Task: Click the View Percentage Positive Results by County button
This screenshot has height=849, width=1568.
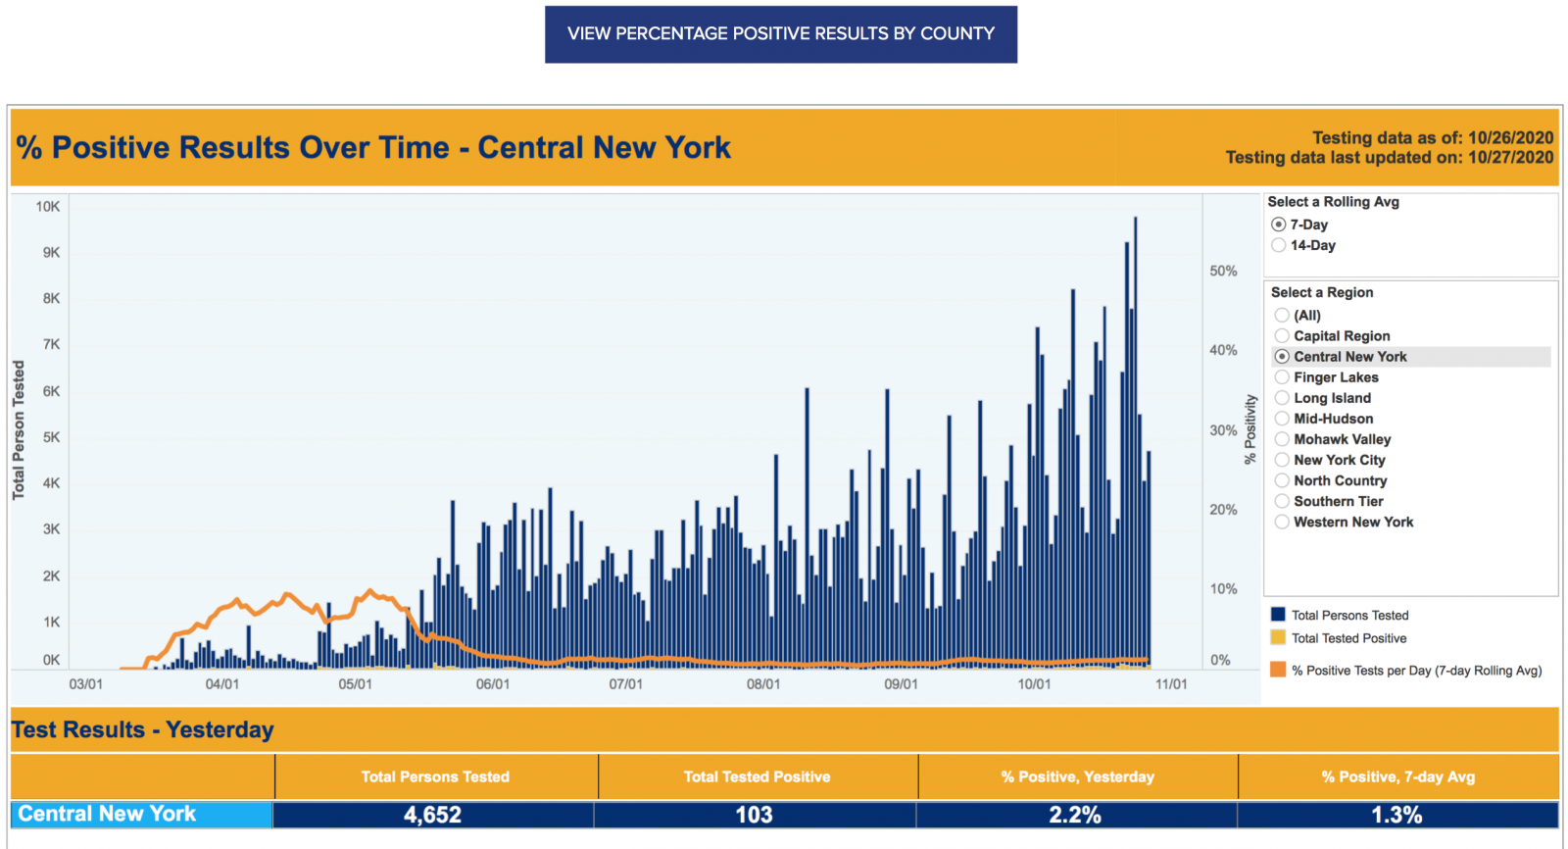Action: (x=780, y=34)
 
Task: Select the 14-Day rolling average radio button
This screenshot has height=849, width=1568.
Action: (x=1279, y=245)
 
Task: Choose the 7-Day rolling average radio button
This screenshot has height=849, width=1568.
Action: (x=1279, y=225)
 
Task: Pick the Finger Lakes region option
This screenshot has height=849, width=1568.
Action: (x=1282, y=377)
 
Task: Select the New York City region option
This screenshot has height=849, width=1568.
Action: (x=1282, y=460)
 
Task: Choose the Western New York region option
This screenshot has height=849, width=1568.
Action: (x=1282, y=522)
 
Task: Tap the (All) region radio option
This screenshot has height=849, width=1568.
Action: (x=1282, y=315)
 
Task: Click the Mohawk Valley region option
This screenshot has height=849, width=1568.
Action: (x=1282, y=439)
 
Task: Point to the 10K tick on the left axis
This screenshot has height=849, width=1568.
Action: (x=47, y=207)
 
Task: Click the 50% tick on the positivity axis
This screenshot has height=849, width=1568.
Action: (x=1223, y=271)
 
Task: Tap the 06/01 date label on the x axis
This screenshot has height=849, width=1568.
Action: (x=492, y=683)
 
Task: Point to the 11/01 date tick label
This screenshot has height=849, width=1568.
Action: (x=1170, y=683)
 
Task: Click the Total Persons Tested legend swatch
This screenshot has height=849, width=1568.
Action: (x=1278, y=615)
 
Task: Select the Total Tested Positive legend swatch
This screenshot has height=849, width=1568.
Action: (x=1278, y=637)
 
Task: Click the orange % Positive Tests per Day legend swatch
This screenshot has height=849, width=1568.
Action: (x=1278, y=670)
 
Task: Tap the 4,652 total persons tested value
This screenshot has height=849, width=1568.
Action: (x=432, y=815)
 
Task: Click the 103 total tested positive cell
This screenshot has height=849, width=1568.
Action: (x=754, y=815)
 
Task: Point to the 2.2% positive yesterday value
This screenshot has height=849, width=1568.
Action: (x=1075, y=815)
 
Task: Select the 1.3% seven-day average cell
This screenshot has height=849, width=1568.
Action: (x=1396, y=815)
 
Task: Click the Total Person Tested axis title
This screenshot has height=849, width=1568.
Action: (x=19, y=429)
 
